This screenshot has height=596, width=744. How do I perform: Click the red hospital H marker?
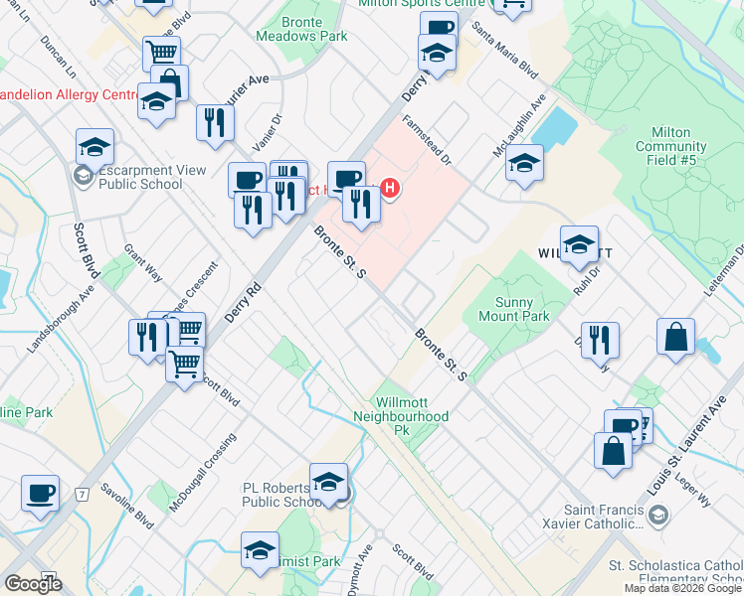coord(391,187)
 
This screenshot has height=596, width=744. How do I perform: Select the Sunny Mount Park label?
coord(521,310)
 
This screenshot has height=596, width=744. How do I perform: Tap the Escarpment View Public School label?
coord(138,177)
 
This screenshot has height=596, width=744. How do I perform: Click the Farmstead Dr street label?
coord(427,140)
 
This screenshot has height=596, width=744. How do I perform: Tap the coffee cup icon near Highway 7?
coord(41,494)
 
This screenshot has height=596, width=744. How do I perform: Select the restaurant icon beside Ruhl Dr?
coord(600,340)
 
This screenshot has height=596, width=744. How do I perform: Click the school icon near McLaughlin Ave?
coord(524,163)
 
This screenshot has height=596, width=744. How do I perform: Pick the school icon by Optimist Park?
coord(260,550)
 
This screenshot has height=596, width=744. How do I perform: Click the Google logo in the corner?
coord(33,584)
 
